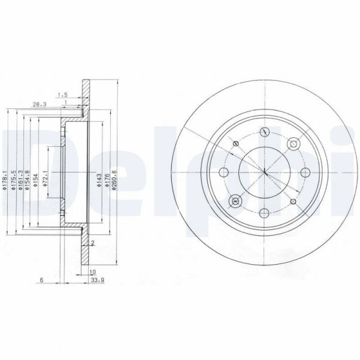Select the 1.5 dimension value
pyautogui.click(x=62, y=94)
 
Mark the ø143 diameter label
pyautogui.click(x=99, y=180)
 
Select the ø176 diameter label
pyautogui.click(x=107, y=180)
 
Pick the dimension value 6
pyautogui.click(x=41, y=280)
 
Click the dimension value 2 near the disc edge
pyautogui.click(x=93, y=243)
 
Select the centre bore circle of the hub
pyautogui.click(x=265, y=173)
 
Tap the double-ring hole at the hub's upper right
pyautogui.click(x=294, y=144)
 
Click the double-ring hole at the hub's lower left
pyautogui.click(x=235, y=201)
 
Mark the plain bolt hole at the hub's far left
pyautogui.click(x=224, y=173)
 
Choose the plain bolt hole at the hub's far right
pyautogui.click(x=305, y=173)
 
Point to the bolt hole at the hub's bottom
pyautogui.click(x=265, y=213)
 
